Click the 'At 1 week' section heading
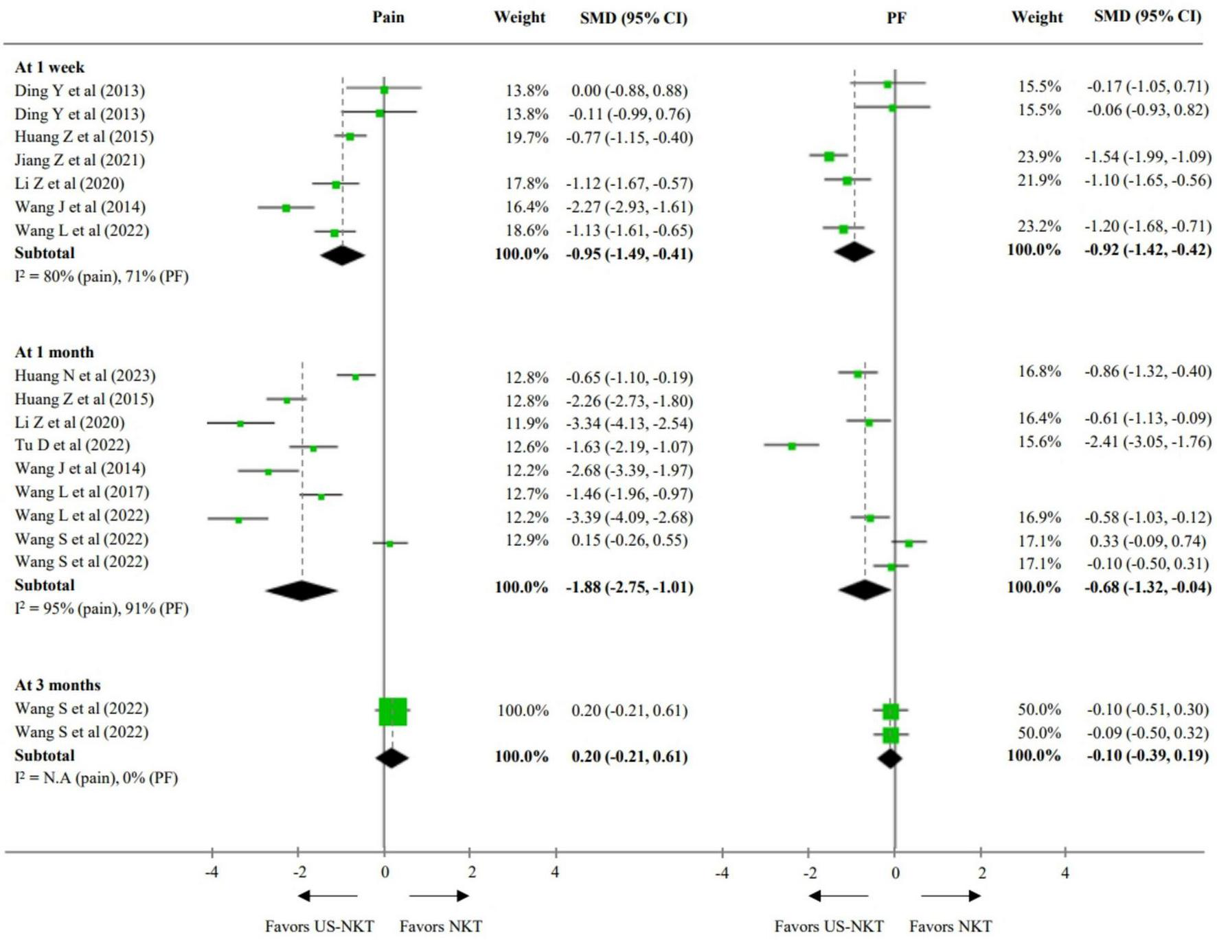(49, 67)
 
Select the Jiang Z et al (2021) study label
(80, 160)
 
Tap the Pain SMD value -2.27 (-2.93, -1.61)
(629, 207)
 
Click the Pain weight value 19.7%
(527, 137)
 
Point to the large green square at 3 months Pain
(393, 711)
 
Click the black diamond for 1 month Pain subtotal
(302, 591)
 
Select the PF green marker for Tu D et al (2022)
(792, 446)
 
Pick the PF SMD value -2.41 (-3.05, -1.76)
(1148, 442)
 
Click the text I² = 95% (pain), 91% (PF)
(102, 608)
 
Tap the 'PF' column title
(896, 18)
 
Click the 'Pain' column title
(388, 17)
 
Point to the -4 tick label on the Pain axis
(212, 872)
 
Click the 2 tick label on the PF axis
(981, 873)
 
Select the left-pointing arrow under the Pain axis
(328, 895)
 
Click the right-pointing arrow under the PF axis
(951, 895)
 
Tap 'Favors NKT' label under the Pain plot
(440, 926)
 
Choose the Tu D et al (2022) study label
(72, 445)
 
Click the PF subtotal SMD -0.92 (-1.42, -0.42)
(1148, 249)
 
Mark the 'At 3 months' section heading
(58, 685)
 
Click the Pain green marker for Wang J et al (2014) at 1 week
(286, 207)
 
